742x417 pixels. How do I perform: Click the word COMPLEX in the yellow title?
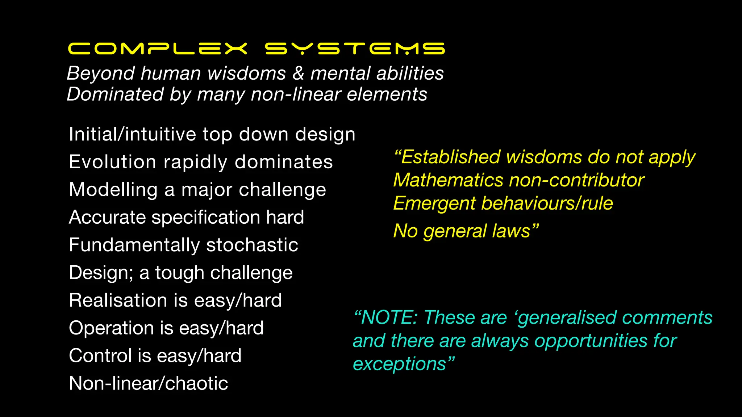click(158, 49)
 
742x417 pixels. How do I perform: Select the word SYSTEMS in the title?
click(355, 49)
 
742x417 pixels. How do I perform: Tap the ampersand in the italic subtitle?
click(298, 73)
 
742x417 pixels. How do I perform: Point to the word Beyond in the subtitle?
click(101, 73)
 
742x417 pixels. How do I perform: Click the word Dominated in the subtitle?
click(115, 94)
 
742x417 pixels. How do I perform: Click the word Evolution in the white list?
click(113, 162)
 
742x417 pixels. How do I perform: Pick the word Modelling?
click(113, 190)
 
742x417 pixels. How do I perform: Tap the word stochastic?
click(252, 245)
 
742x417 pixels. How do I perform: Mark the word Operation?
click(111, 328)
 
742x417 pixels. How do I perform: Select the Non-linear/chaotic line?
click(149, 383)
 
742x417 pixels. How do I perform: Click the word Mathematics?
click(448, 180)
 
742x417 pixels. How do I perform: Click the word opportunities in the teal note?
click(591, 341)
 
